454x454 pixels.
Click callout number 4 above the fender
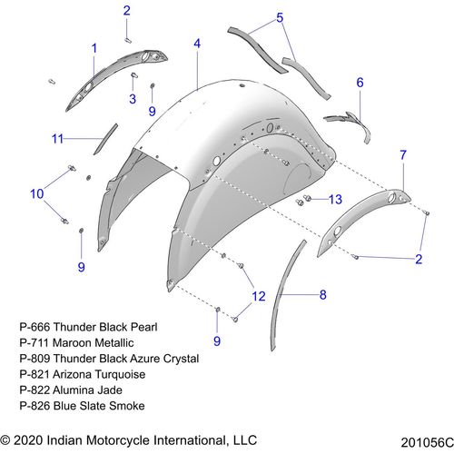pyautogui.click(x=197, y=44)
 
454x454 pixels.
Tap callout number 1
pyautogui.click(x=94, y=48)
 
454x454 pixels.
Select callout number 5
pyautogui.click(x=280, y=17)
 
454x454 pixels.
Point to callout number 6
pyautogui.click(x=360, y=83)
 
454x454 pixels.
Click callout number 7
pyautogui.click(x=403, y=155)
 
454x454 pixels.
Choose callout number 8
pyautogui.click(x=323, y=294)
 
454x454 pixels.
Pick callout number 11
pyautogui.click(x=57, y=139)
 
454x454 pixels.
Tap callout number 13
pyautogui.click(x=335, y=200)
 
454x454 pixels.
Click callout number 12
pyautogui.click(x=259, y=296)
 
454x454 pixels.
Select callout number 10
pyautogui.click(x=37, y=194)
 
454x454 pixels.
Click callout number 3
pyautogui.click(x=133, y=99)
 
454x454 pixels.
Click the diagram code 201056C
pyautogui.click(x=427, y=442)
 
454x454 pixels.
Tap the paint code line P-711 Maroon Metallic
pyautogui.click(x=76, y=342)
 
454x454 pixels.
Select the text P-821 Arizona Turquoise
pyautogui.click(x=83, y=374)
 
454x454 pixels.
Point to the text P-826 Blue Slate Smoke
pyautogui.click(x=82, y=406)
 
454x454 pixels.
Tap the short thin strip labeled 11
pyautogui.click(x=105, y=139)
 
